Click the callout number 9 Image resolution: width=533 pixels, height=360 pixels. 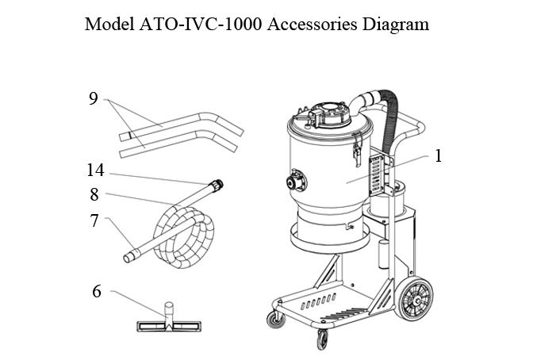point(94,99)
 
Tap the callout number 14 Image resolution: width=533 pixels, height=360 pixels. point(94,169)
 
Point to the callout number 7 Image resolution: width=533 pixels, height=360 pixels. point(94,220)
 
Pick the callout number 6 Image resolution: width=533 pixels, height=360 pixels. point(97,291)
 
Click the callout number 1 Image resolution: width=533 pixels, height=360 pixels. point(437,155)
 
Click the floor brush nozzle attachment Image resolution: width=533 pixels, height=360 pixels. point(167,324)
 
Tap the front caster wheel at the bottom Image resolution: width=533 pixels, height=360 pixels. point(323,339)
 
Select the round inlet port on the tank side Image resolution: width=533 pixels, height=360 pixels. point(297,180)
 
